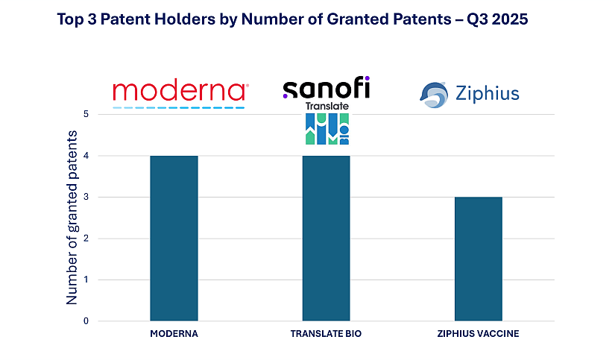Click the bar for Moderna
(174, 239)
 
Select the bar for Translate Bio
(326, 239)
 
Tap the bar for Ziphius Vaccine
(478, 259)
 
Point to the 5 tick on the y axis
(86, 115)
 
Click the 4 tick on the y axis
(86, 156)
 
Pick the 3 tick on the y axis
(86, 198)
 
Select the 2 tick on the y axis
(86, 239)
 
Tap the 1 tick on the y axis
(86, 280)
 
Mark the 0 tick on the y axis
(86, 321)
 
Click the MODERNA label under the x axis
(174, 334)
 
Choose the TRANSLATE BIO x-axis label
(326, 334)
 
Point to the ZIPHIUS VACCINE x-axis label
(478, 334)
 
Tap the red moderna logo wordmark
(180, 91)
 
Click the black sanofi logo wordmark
(326, 89)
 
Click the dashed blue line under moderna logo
(179, 107)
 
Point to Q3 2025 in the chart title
(496, 20)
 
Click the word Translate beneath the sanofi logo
(327, 107)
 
